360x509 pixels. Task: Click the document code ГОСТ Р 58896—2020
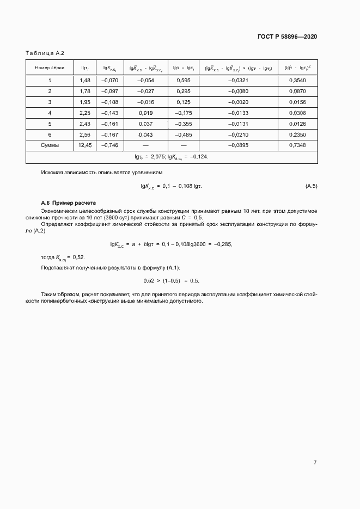point(286,36)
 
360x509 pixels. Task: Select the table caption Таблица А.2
point(45,53)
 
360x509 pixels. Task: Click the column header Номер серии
point(50,68)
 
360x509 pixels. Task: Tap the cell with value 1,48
point(85,81)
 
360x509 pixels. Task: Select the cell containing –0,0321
point(239,81)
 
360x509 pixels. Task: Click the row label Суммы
point(50,145)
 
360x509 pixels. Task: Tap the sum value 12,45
point(85,145)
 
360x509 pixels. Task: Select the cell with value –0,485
point(184,134)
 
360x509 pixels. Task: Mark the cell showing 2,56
point(85,134)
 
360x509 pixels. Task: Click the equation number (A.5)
point(311,186)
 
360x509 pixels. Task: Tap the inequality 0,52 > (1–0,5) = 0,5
point(171,280)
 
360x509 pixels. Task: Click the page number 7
point(315,462)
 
